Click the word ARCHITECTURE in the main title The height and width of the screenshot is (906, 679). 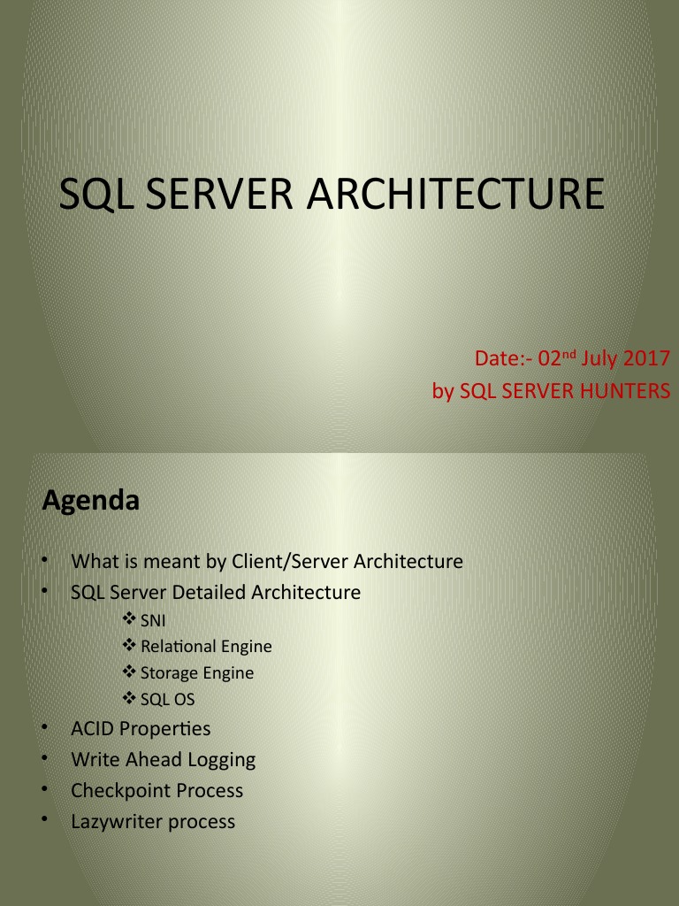pos(455,195)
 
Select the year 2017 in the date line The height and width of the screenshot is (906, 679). pos(646,359)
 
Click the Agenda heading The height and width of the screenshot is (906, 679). pos(91,501)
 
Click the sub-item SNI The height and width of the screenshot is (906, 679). pos(153,620)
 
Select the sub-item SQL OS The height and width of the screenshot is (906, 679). pos(167,700)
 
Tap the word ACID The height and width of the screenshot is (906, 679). pos(93,729)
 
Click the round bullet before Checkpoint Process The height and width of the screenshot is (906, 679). pos(44,788)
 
